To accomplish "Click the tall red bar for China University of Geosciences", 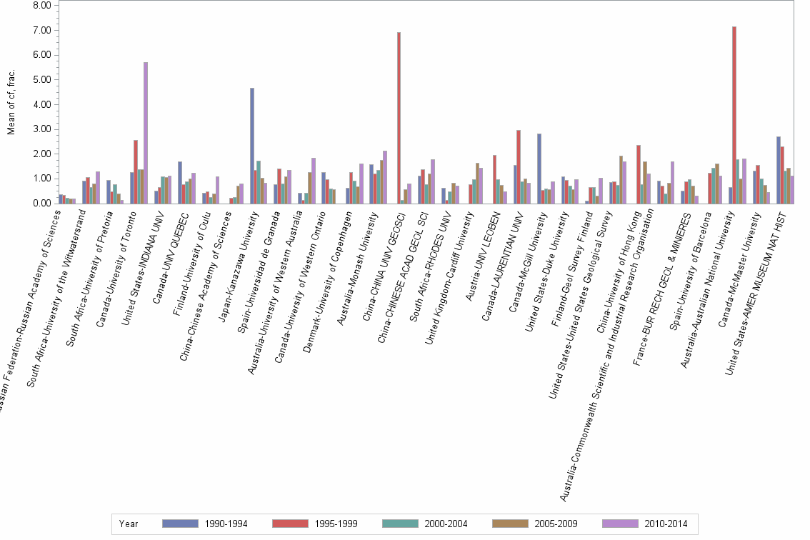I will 399,118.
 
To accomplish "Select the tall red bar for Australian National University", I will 734,115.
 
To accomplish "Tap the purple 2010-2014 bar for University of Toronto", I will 146,133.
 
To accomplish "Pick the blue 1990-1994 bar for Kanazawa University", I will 252,146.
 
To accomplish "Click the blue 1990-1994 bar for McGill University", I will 539,169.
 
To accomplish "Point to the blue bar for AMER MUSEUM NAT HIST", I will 779,170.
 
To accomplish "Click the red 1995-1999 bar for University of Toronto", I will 136,171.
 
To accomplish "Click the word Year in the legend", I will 129,524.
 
